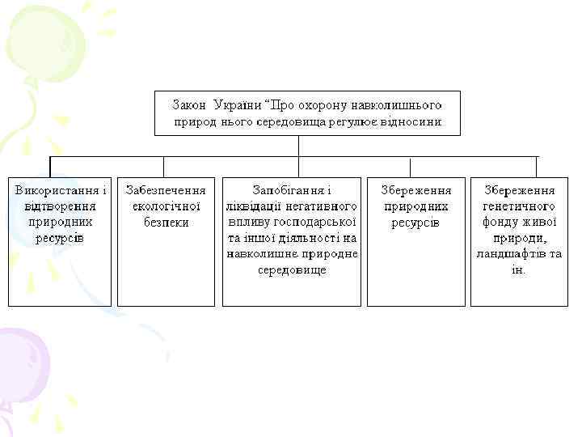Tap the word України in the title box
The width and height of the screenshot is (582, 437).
coord(239,106)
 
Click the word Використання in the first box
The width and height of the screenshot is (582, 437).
coord(55,190)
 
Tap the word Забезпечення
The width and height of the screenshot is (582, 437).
coord(166,190)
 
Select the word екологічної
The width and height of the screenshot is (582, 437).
coord(166,206)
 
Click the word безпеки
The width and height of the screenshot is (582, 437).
coord(166,222)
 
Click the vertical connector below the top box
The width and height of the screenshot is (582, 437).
coord(299,145)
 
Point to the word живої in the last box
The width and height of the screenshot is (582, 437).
coord(538,222)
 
